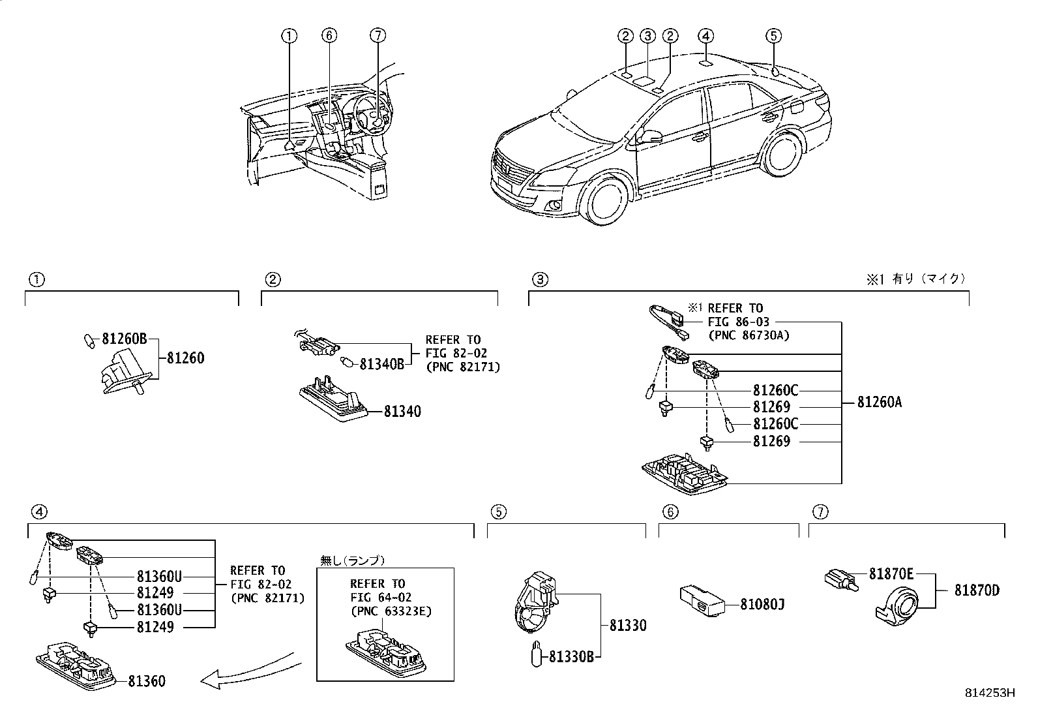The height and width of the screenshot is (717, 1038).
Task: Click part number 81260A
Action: tap(879, 403)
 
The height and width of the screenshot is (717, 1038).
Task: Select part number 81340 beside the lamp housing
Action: tap(402, 412)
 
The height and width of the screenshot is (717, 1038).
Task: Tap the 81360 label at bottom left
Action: tap(146, 681)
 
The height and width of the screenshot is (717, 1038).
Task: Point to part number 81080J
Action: tap(762, 605)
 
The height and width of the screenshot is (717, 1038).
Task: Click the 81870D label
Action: tap(976, 591)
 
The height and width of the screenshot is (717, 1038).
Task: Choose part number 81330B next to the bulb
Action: tap(571, 657)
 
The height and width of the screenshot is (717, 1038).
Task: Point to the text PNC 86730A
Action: tap(748, 335)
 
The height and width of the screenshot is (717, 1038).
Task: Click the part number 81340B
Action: tap(382, 364)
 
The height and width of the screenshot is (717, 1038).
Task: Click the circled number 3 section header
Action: tap(540, 280)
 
